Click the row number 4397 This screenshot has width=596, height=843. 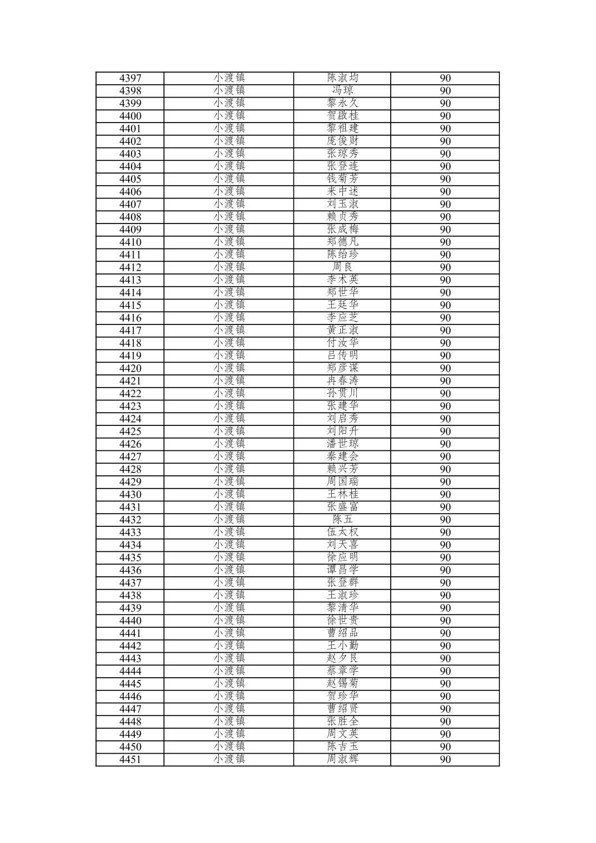tap(130, 78)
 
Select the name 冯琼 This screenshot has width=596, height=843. tap(342, 90)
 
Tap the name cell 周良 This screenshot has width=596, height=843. tap(342, 267)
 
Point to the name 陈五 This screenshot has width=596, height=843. tap(342, 520)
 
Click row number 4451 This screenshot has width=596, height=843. tap(130, 760)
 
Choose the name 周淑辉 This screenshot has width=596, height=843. tap(342, 759)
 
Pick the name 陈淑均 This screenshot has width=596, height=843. tap(342, 78)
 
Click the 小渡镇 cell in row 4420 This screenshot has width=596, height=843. tap(229, 368)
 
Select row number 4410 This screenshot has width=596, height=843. tap(130, 242)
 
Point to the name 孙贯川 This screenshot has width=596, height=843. tap(342, 394)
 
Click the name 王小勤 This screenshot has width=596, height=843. tap(342, 646)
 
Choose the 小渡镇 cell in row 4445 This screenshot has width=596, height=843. tap(229, 684)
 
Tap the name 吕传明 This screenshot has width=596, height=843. tap(342, 356)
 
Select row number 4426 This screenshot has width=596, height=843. tap(130, 444)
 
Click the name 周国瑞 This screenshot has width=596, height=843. tap(342, 482)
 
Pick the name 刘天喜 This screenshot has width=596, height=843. tap(342, 545)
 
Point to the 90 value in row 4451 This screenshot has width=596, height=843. tap(445, 760)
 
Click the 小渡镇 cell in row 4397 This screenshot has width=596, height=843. tap(229, 78)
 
